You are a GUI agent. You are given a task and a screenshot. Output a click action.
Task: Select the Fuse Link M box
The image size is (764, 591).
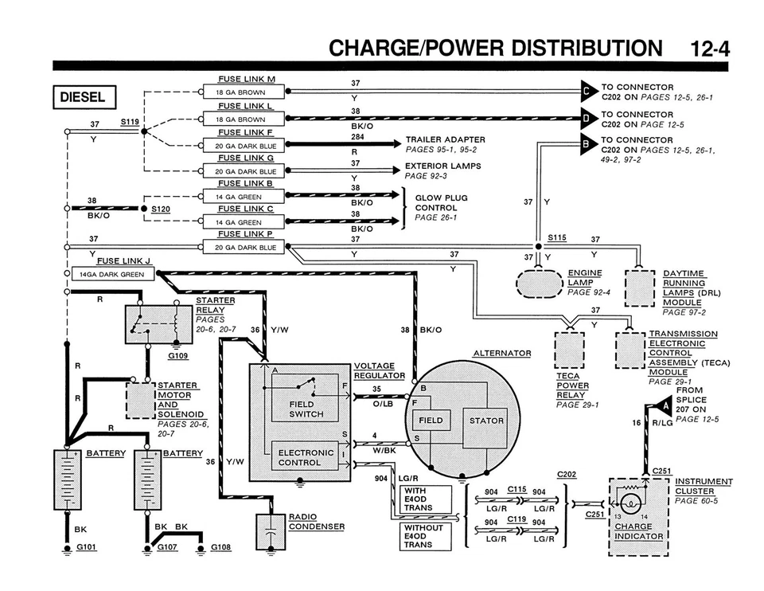241,92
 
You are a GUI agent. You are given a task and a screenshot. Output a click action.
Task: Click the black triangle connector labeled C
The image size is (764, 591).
588,92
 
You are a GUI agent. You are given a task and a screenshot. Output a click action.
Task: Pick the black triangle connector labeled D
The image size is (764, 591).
588,119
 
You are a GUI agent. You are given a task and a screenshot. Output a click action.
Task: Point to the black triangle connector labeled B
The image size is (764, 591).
588,144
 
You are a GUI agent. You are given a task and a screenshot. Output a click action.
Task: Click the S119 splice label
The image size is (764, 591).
130,122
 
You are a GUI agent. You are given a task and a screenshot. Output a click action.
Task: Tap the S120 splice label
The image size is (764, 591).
162,209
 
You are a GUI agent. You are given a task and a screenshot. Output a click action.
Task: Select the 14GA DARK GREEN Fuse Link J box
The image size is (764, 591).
111,273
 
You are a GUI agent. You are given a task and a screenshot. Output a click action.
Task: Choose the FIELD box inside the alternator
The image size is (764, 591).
431,420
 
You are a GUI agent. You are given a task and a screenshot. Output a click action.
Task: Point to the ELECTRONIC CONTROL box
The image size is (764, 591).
306,457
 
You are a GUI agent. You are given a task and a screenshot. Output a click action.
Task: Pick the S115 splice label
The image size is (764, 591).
557,238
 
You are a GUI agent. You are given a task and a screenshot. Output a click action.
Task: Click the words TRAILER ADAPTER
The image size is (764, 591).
445,139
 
